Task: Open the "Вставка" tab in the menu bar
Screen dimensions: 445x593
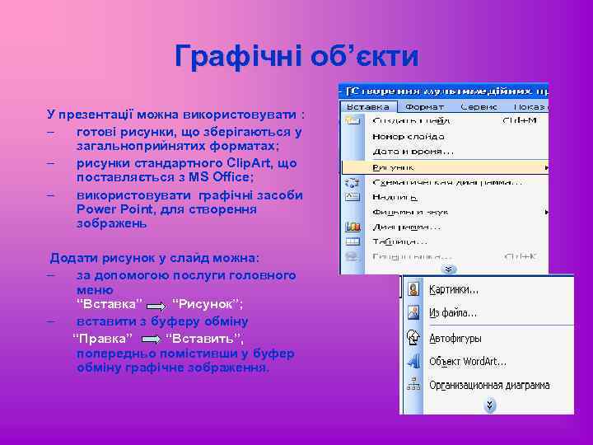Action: click(368, 106)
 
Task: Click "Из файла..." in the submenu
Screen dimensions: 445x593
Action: click(453, 313)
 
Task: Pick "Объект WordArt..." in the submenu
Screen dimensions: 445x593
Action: click(468, 361)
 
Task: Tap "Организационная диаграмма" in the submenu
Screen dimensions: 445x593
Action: click(489, 385)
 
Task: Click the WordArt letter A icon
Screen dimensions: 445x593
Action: click(413, 361)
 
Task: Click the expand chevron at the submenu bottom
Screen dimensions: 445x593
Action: click(489, 405)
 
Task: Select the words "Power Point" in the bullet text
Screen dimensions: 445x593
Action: click(110, 209)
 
